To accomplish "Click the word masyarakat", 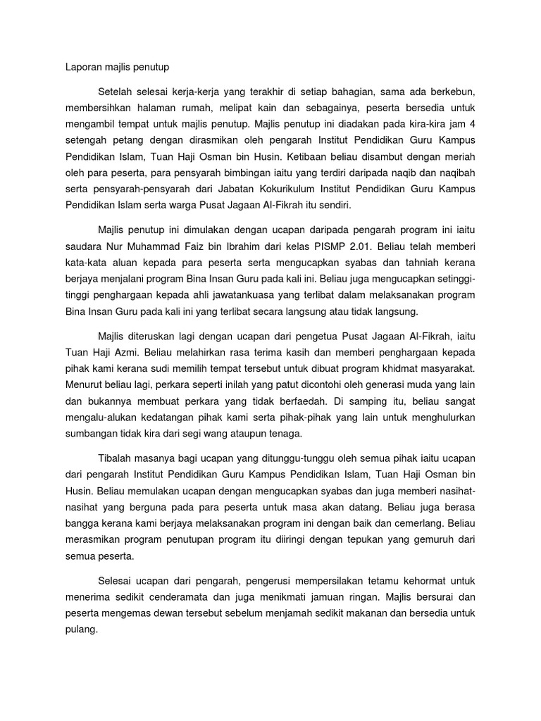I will coord(444,368).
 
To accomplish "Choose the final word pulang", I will coord(74,629).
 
